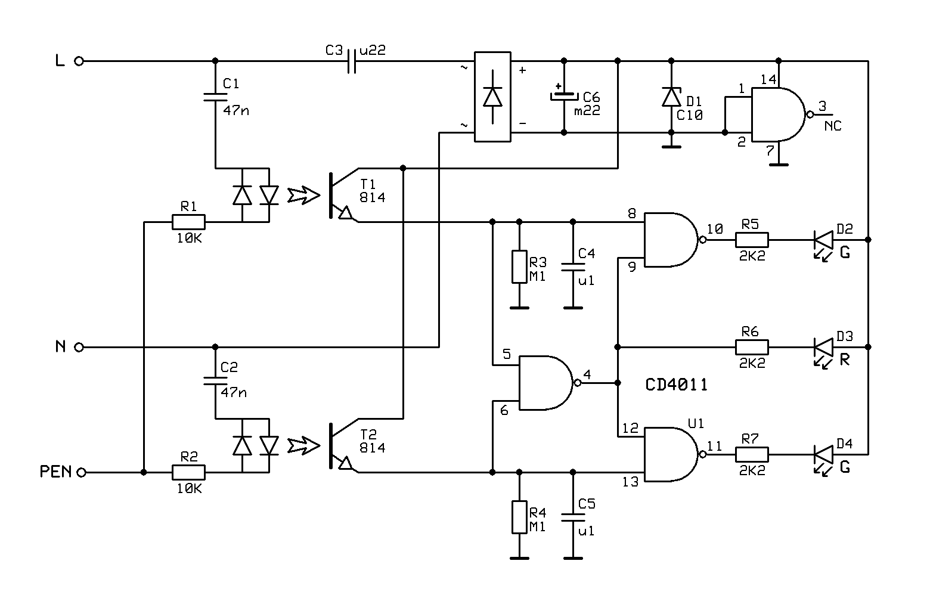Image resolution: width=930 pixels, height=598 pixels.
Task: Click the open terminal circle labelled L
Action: coord(79,61)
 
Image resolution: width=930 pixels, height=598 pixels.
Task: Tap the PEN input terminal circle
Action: coord(81,473)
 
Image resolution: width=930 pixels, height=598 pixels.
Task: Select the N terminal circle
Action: coord(79,347)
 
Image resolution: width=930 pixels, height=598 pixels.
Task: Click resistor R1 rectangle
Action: coord(188,222)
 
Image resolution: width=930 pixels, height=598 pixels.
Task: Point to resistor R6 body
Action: coord(752,347)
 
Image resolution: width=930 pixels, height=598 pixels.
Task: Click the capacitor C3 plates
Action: coord(352,61)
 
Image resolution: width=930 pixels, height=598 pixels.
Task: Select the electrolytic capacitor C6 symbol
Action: coord(564,97)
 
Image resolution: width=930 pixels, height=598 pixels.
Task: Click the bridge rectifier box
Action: coord(492,97)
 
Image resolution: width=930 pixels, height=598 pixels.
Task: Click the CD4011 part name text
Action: coord(676,385)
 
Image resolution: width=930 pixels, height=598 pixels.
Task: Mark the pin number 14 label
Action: coord(768,79)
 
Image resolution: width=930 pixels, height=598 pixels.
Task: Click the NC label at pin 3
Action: coord(833,126)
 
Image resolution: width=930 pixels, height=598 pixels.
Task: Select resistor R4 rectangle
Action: coord(519,517)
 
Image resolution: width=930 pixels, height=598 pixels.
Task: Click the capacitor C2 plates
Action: coord(215,381)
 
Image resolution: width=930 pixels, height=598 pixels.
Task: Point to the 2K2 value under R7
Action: coord(752,470)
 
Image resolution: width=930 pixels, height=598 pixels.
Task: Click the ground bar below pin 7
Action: coord(779,165)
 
